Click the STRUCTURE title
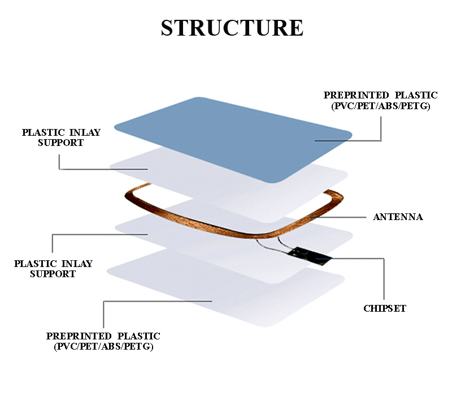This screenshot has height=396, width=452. click(x=232, y=28)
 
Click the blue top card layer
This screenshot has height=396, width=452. click(x=233, y=140)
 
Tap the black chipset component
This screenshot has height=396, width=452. click(x=310, y=256)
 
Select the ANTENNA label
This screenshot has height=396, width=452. click(x=398, y=217)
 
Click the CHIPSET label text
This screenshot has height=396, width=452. click(x=385, y=308)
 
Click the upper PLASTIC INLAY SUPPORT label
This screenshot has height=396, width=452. click(x=61, y=137)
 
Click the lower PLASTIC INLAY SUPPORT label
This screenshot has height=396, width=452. click(x=53, y=269)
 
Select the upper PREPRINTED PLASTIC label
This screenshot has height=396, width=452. click(x=380, y=95)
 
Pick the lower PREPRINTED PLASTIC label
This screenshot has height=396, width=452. click(x=103, y=336)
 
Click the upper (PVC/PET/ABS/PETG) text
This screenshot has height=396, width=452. click(x=380, y=106)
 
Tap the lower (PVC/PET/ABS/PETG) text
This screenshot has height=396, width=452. click(x=103, y=346)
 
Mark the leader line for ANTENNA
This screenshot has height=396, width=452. click(x=338, y=217)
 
